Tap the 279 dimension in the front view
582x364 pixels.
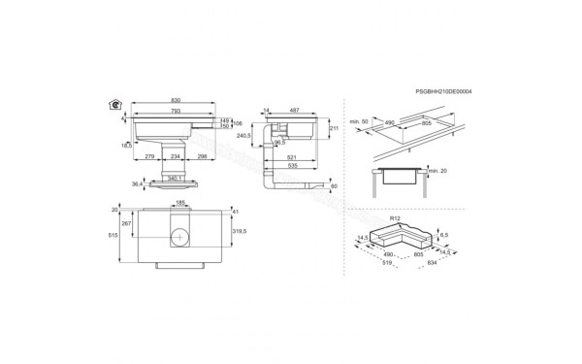pos(150,155)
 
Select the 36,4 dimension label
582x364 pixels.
pos(138,183)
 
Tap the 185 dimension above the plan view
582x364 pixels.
pos(179,203)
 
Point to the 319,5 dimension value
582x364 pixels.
pos(241,232)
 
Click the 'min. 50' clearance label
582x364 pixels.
pos(358,121)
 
